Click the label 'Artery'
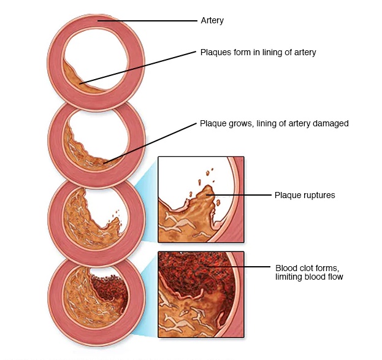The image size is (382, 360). click(212, 21)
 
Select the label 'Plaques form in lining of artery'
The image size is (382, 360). click(258, 52)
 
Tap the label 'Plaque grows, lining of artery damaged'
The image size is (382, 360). click(274, 123)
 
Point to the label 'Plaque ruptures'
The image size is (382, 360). click(304, 196)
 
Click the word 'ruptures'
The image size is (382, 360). click(319, 196)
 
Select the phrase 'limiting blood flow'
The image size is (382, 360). click(309, 277)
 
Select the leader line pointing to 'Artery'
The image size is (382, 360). click(147, 21)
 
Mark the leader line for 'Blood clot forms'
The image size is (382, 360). click(239, 268)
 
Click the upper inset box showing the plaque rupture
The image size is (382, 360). click(201, 199)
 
